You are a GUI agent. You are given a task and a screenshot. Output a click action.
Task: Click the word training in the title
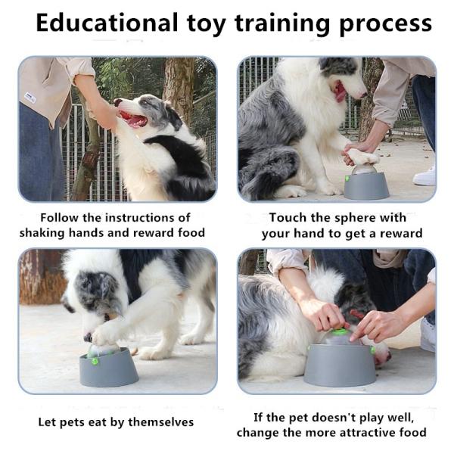click(273, 24)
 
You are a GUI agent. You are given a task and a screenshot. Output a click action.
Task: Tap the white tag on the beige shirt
click(30, 97)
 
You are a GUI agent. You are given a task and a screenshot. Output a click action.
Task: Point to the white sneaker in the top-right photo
click(424, 176)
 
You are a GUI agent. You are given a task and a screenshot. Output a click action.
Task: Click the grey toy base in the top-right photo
click(365, 185)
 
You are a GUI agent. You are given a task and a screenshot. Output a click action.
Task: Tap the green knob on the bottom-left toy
click(95, 361)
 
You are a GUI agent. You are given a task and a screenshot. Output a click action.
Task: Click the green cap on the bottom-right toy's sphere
click(340, 331)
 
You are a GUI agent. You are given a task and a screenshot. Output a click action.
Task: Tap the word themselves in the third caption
click(160, 421)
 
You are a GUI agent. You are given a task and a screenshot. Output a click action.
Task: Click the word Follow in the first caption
click(58, 217)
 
